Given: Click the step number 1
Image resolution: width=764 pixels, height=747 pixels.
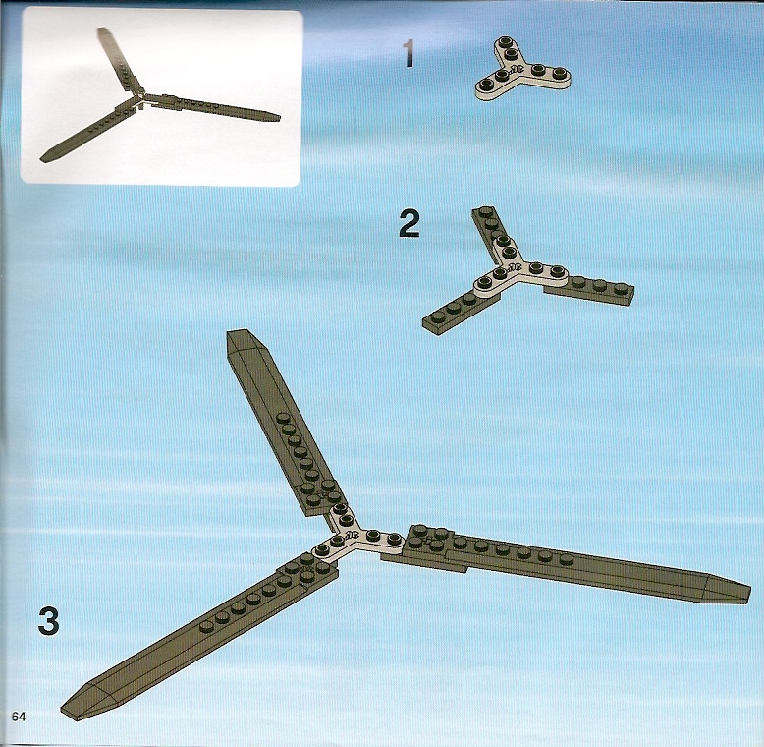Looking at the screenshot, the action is (x=409, y=54).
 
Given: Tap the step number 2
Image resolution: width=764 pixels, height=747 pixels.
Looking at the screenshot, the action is (x=409, y=224).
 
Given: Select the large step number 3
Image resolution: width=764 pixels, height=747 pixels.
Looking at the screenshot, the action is (x=49, y=620).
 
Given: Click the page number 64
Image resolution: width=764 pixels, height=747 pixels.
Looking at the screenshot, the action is (x=19, y=717).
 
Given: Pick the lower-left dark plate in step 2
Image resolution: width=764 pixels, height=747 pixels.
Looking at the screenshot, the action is (x=457, y=312).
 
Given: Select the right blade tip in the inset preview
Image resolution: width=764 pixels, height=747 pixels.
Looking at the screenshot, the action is (x=279, y=117).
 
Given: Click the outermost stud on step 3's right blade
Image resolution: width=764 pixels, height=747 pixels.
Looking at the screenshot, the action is (x=566, y=559).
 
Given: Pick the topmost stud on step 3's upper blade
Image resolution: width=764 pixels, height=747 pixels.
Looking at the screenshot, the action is (x=283, y=418).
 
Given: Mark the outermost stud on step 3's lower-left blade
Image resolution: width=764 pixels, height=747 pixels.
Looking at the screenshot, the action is (x=206, y=626).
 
